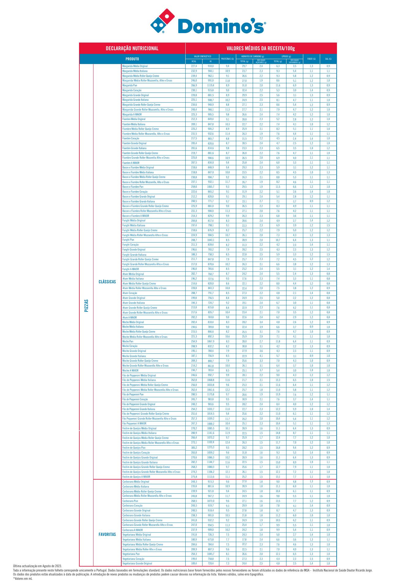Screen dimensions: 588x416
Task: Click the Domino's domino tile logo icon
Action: click(162, 21)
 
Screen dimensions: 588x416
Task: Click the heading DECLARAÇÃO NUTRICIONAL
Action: click(132, 48)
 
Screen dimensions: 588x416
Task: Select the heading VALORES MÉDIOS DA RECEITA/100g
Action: click(261, 48)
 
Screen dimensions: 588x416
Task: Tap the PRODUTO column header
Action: click(132, 59)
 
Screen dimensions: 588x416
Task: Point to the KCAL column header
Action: click(194, 62)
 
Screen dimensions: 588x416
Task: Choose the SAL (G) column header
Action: click(328, 59)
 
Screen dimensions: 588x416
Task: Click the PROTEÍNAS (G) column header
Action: click(227, 59)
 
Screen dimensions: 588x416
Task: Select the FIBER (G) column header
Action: click(311, 59)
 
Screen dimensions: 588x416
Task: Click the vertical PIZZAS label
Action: click(86, 305)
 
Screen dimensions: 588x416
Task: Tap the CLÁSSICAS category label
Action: click(107, 282)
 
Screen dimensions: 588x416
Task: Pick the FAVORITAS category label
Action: click(107, 534)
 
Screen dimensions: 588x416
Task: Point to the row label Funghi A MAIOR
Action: click(131, 269)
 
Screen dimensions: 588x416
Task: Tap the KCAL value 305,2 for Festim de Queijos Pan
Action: click(194, 448)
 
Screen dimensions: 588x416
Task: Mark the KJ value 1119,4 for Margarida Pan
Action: click(210, 85)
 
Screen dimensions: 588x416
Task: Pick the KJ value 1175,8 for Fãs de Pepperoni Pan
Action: click(210, 395)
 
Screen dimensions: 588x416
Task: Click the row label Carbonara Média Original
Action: click(136, 482)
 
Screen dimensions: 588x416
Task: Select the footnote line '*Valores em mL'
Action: click(23, 579)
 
